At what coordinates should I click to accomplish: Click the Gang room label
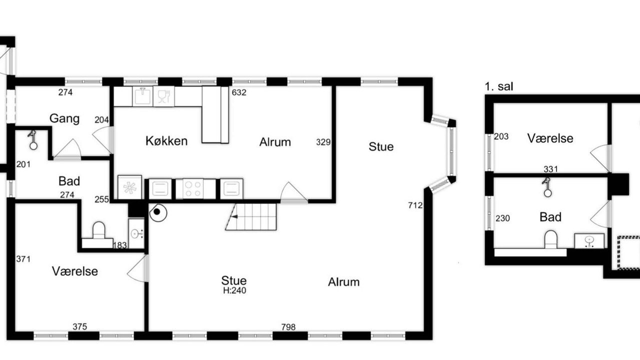pyautogui.click(x=64, y=118)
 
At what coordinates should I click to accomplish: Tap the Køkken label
pyautogui.click(x=166, y=141)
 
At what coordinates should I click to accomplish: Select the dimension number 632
pyautogui.click(x=239, y=92)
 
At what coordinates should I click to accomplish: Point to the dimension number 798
pyautogui.click(x=288, y=327)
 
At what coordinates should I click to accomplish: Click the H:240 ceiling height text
pyautogui.click(x=234, y=290)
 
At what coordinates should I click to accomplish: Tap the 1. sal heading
pyautogui.click(x=499, y=86)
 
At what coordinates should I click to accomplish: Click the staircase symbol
pyautogui.click(x=251, y=216)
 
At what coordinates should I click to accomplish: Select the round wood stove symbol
pyautogui.click(x=158, y=212)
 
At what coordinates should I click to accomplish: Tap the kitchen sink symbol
pyautogui.click(x=142, y=96)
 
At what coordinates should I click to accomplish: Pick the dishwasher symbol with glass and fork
pyautogui.click(x=163, y=96)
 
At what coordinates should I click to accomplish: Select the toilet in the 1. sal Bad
pyautogui.click(x=551, y=239)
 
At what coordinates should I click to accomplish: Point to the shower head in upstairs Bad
pyautogui.click(x=547, y=187)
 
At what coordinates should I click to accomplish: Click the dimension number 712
pyautogui.click(x=415, y=205)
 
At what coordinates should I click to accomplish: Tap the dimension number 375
pyautogui.click(x=79, y=326)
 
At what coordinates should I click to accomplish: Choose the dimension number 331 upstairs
pyautogui.click(x=550, y=169)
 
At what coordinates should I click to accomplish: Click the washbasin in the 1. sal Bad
pyautogui.click(x=589, y=241)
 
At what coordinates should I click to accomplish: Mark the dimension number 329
pyautogui.click(x=323, y=142)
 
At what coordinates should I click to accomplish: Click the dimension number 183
pyautogui.click(x=119, y=245)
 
